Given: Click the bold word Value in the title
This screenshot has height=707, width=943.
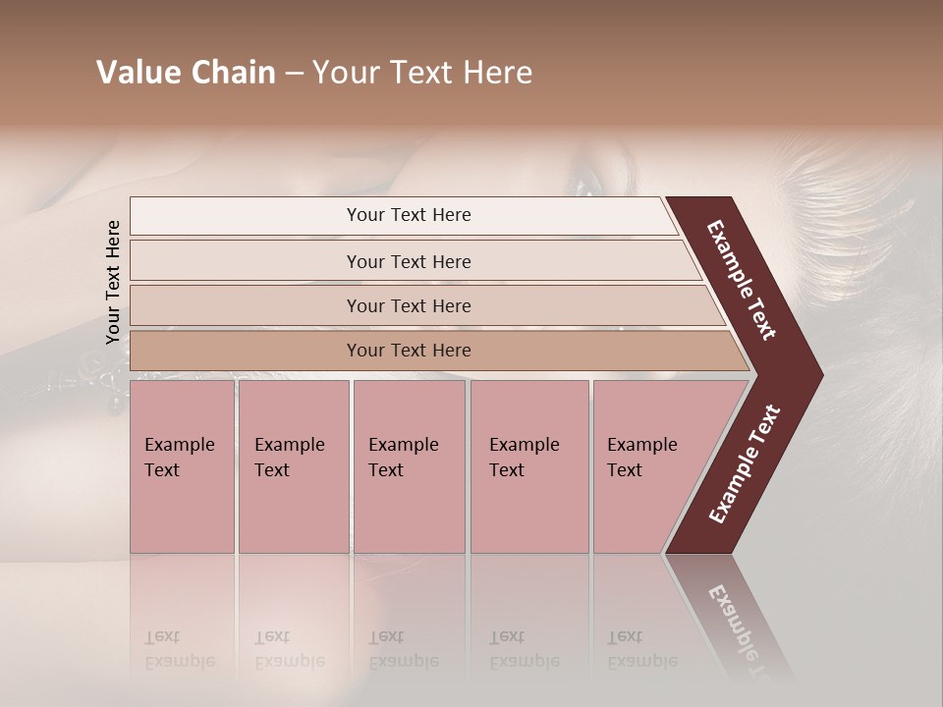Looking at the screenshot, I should point(139,73).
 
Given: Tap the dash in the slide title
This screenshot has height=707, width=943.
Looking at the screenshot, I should point(294,74).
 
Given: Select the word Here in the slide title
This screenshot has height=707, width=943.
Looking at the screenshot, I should point(497,73).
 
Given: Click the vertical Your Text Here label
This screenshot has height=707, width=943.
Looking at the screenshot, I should point(113,282).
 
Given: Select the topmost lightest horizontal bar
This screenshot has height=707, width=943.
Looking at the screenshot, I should point(408,215).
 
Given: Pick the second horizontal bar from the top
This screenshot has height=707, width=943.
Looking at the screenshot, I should point(408,261).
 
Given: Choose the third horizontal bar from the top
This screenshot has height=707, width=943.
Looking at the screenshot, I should point(408,305).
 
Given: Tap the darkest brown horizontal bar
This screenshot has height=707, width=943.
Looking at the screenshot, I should point(408,351).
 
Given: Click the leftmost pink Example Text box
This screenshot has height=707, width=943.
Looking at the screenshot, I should point(182,466).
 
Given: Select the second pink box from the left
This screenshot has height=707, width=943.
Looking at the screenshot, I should point(293,466).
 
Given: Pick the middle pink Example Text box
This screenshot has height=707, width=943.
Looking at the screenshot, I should point(409,466).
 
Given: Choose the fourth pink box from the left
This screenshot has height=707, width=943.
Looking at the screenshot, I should point(529,466).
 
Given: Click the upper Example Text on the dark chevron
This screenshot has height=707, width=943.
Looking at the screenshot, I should point(742,280).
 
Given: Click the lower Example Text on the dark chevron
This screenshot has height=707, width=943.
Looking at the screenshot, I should point(745,463).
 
